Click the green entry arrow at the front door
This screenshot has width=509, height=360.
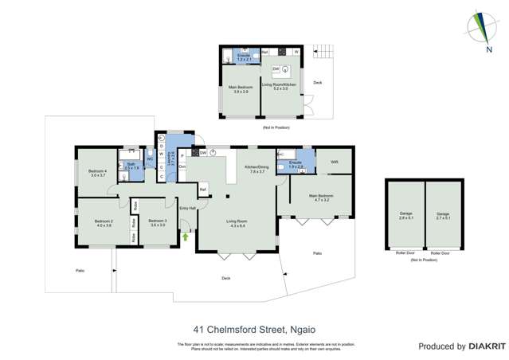click(186, 237)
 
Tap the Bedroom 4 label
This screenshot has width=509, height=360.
click(97, 173)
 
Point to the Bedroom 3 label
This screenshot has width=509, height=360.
click(157, 223)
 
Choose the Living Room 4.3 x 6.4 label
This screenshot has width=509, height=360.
click(237, 224)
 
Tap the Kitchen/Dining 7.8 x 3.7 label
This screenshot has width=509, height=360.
click(257, 169)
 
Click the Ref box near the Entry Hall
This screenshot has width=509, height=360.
click(203, 189)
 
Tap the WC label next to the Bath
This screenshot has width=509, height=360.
click(149, 159)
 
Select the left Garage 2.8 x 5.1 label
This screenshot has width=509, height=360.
click(405, 215)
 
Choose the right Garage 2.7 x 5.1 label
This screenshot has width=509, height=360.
click(443, 215)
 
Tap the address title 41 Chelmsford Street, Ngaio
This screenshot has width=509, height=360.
click(253, 327)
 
